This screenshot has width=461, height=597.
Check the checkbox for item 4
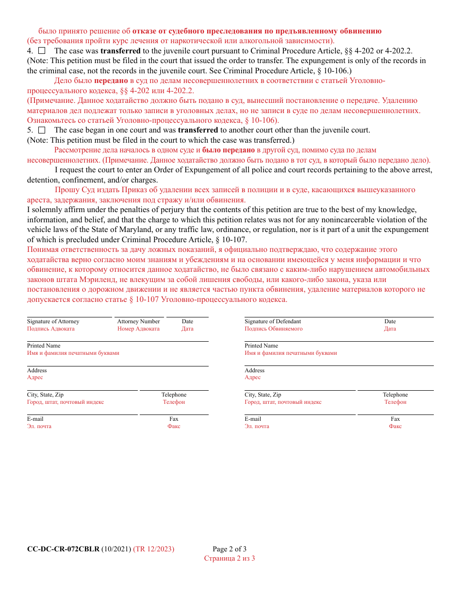click(x=42, y=50)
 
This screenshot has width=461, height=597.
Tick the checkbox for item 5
click(x=42, y=130)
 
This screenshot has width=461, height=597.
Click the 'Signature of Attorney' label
click(x=53, y=321)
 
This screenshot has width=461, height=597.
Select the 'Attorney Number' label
click(x=138, y=321)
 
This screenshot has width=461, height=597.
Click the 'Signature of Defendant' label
click(x=273, y=321)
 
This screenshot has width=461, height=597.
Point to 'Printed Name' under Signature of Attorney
click(x=44, y=346)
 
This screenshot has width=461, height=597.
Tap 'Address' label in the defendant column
click(x=254, y=370)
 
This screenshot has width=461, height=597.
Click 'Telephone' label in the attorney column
click(x=174, y=395)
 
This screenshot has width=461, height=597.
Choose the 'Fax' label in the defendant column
click(x=395, y=419)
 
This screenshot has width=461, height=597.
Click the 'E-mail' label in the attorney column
click(x=35, y=419)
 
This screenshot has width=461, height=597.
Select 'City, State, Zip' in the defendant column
click(x=263, y=395)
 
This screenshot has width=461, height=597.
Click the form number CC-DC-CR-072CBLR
click(x=63, y=549)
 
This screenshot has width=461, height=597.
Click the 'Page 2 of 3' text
click(x=230, y=549)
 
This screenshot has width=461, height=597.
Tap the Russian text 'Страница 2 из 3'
click(x=230, y=558)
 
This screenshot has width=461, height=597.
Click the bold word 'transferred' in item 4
click(x=120, y=50)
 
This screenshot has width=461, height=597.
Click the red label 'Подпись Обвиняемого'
click(x=273, y=329)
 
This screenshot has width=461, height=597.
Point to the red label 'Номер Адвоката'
click(x=138, y=329)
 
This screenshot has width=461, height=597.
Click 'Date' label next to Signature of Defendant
click(x=390, y=321)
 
